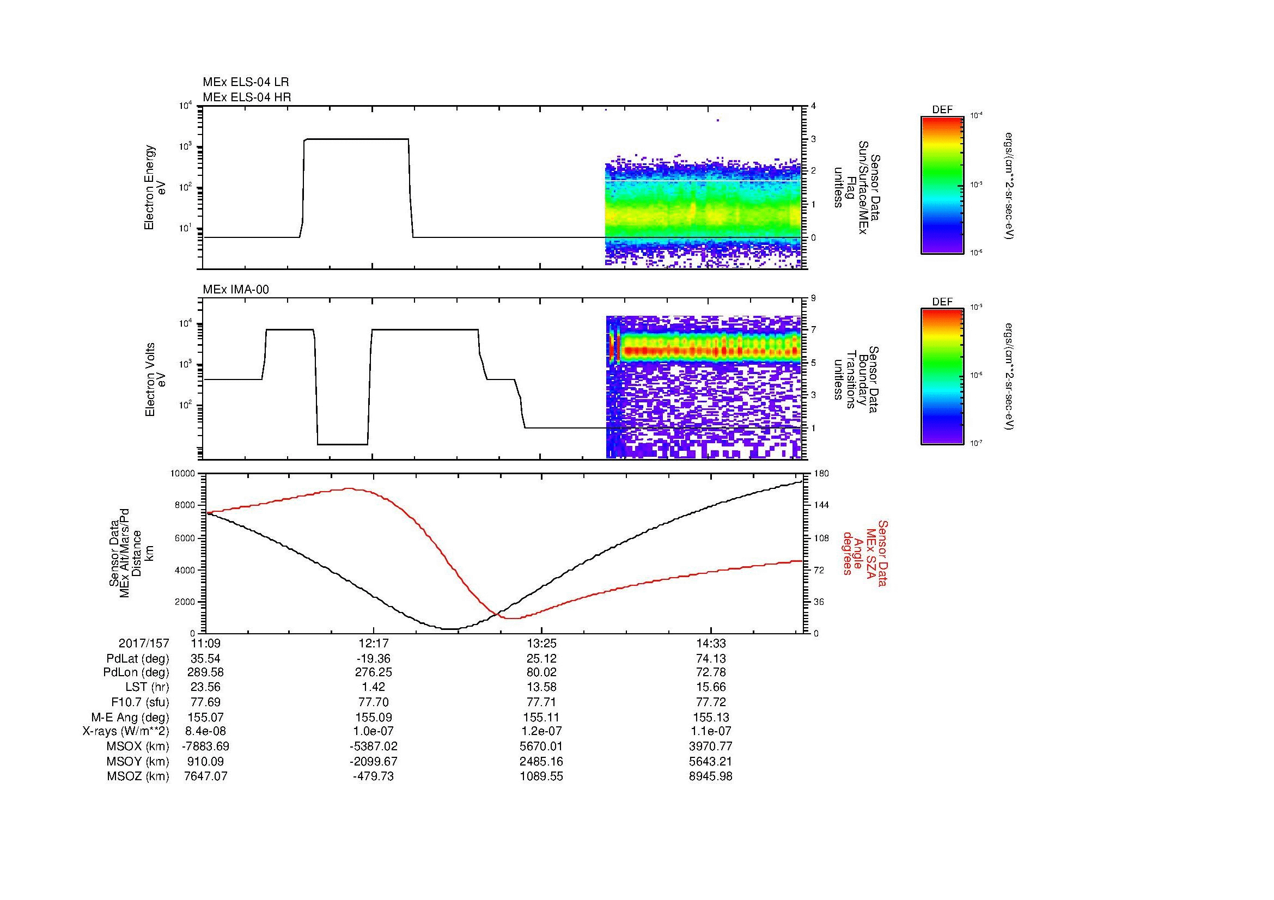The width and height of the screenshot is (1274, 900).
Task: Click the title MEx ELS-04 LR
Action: [x=246, y=82]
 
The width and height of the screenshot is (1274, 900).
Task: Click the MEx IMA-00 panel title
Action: [x=236, y=290]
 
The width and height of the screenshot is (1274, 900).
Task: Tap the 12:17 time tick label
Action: [x=374, y=644]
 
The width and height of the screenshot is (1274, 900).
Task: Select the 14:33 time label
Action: [x=710, y=644]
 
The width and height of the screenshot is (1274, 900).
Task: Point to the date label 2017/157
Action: [x=144, y=644]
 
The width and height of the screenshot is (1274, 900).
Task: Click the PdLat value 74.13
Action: [x=710, y=659]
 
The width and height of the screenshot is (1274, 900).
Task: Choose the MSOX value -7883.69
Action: [x=206, y=746]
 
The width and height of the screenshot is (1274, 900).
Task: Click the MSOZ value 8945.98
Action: [x=710, y=776]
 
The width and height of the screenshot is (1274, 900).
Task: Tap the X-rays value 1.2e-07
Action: [x=541, y=731]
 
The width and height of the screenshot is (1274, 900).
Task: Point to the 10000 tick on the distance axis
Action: [x=183, y=474]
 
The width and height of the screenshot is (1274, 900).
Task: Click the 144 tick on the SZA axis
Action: [x=821, y=505]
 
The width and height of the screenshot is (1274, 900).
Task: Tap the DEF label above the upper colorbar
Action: [x=942, y=110]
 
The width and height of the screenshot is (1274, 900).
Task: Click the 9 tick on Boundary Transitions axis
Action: [x=813, y=298]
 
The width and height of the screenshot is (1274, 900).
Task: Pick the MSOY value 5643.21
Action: [x=710, y=761]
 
